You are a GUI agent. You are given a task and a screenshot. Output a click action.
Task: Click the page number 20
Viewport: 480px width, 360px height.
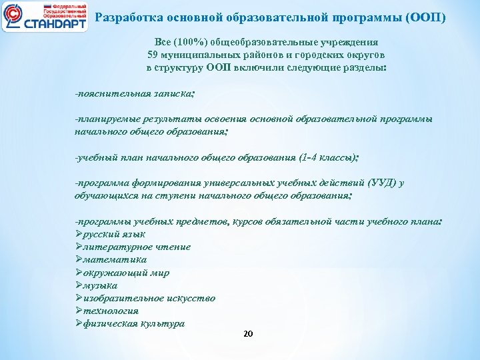coord(248,334)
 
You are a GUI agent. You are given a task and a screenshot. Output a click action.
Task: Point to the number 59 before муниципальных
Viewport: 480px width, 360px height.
coord(152,55)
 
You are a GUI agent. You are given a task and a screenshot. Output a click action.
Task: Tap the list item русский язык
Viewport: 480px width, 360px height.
coord(114,234)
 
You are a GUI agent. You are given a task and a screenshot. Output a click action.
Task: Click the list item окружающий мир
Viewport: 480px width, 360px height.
coord(126,273)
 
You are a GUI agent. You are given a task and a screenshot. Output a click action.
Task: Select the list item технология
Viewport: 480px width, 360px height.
coord(111,311)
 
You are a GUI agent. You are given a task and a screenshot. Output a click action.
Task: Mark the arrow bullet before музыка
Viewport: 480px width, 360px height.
coord(79,285)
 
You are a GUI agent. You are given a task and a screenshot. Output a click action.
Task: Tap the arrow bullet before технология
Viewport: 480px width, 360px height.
coord(79,311)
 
